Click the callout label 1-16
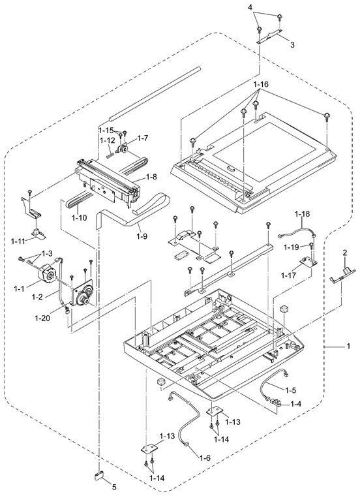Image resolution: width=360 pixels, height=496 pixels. tap(261, 84)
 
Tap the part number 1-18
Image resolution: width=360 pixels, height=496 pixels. tap(302, 214)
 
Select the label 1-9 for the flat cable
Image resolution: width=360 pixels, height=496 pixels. tap(142, 236)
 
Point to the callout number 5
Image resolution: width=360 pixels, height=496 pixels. tap(114, 487)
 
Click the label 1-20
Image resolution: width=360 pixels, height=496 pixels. tap(42, 318)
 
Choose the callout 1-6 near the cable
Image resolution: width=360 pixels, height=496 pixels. tap(205, 457)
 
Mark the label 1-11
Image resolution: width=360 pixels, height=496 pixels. tap(18, 241)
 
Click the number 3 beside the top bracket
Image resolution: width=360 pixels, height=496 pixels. tap(292, 45)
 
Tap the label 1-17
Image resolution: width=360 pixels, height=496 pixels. tap(288, 275)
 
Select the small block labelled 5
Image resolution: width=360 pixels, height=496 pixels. tap(99, 475)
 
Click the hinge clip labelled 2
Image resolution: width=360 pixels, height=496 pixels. tap(342, 275)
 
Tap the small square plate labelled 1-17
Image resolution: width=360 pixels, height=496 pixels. tap(308, 261)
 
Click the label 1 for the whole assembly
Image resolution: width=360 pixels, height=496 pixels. tap(348, 347)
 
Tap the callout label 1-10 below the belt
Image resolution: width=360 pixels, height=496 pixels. tap(79, 217)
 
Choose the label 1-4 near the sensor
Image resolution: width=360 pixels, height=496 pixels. tap(296, 403)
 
